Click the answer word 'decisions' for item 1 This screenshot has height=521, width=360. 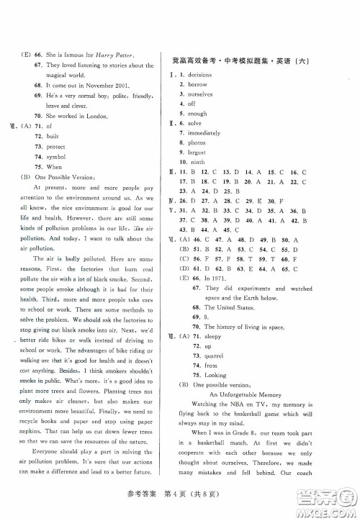199,75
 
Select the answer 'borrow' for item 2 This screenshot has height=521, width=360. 197,85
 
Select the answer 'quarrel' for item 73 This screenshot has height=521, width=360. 200,355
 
